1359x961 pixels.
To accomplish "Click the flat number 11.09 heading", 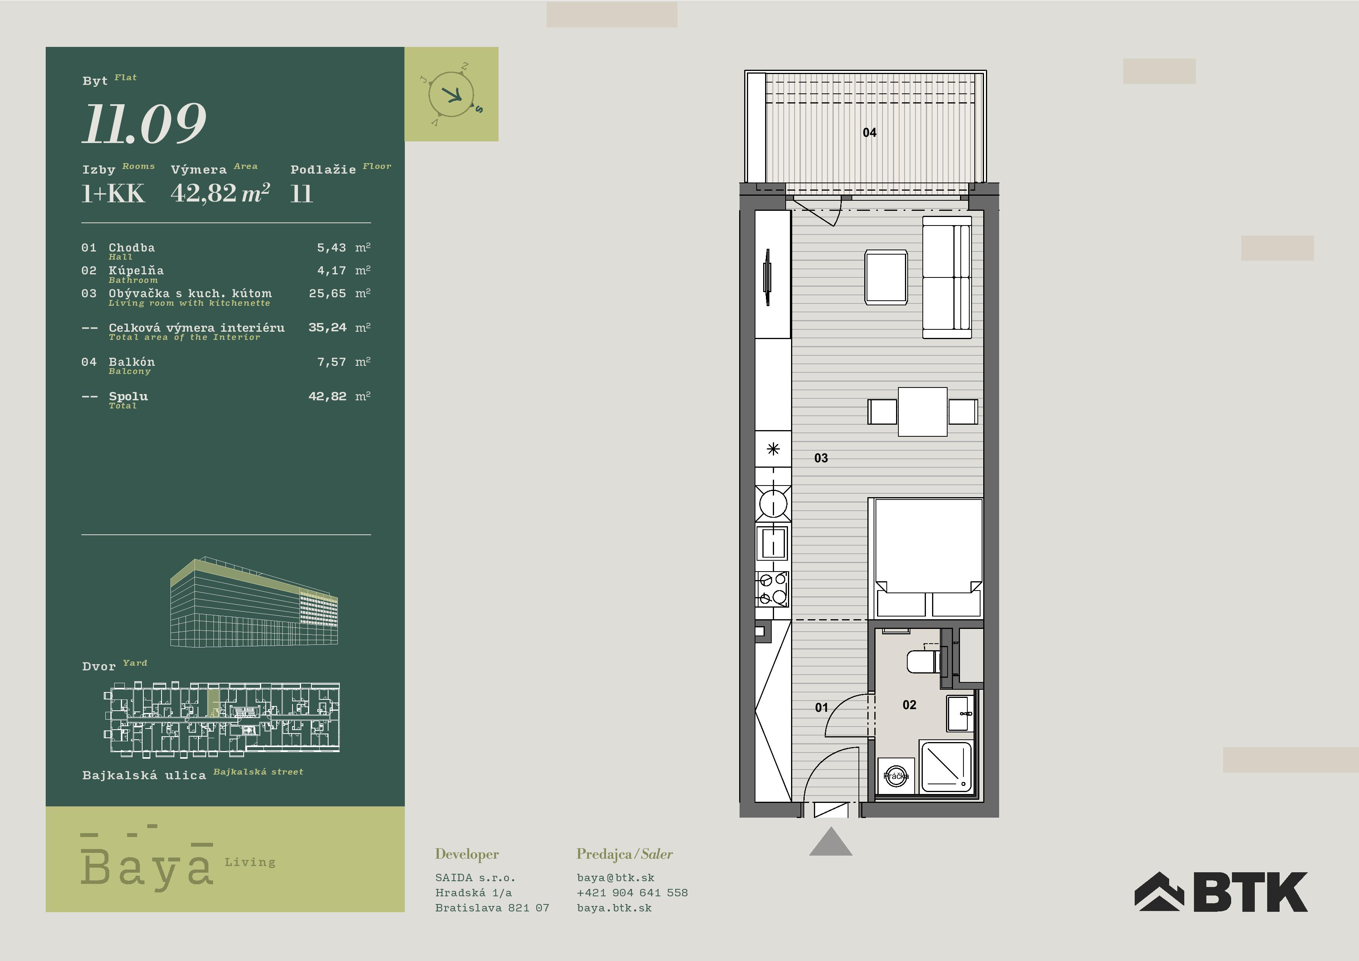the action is coord(144,124).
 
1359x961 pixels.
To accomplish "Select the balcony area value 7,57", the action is coord(332,362).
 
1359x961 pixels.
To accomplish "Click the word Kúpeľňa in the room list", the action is coord(136,270).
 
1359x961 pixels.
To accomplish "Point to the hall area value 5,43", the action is coord(332,248).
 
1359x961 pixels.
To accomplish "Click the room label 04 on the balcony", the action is coord(869,133).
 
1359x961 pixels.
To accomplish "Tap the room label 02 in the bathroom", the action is coord(909,704).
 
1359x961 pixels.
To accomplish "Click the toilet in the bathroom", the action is coord(923,661).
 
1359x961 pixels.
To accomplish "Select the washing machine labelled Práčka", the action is coord(896,776).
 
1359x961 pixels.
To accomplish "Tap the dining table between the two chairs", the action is coord(922,412).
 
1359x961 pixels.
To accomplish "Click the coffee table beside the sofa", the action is coord(886,277).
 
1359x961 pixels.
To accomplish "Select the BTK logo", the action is coord(1221,891).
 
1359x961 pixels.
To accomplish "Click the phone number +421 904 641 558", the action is coord(632,892).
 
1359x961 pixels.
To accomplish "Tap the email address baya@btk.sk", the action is coord(616,878).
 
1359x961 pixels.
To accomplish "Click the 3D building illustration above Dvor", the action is coord(254,601).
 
